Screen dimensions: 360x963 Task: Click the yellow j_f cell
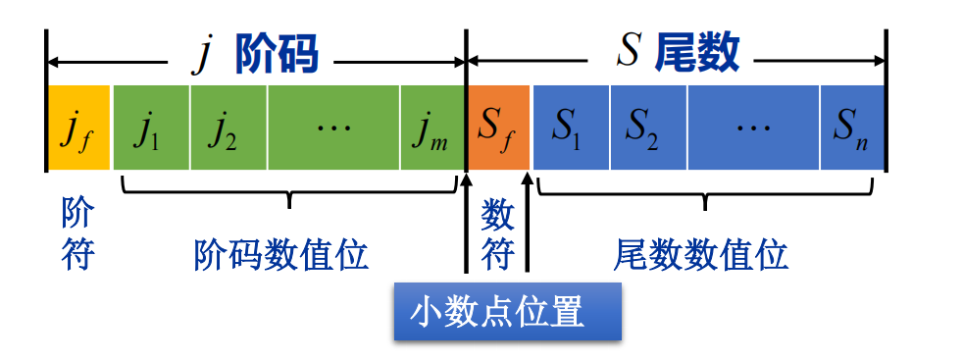click(x=77, y=128)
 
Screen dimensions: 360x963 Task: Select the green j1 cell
click(x=151, y=128)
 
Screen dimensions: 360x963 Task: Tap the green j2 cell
click(x=228, y=128)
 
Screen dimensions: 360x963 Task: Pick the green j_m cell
click(x=431, y=128)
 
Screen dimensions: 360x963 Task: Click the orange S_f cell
click(x=498, y=128)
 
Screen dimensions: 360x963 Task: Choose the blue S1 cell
click(x=570, y=128)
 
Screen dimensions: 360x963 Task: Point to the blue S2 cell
click(x=647, y=128)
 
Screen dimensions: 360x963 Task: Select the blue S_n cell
click(x=851, y=128)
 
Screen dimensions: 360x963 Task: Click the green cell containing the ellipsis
click(x=333, y=128)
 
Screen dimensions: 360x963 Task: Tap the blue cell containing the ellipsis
click(x=753, y=128)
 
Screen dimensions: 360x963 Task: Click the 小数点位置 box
click(x=507, y=313)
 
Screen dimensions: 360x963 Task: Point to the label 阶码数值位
click(x=281, y=255)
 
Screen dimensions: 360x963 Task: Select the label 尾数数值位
click(x=701, y=255)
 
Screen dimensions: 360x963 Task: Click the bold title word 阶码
click(x=277, y=55)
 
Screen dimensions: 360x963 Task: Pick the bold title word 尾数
click(x=698, y=53)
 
